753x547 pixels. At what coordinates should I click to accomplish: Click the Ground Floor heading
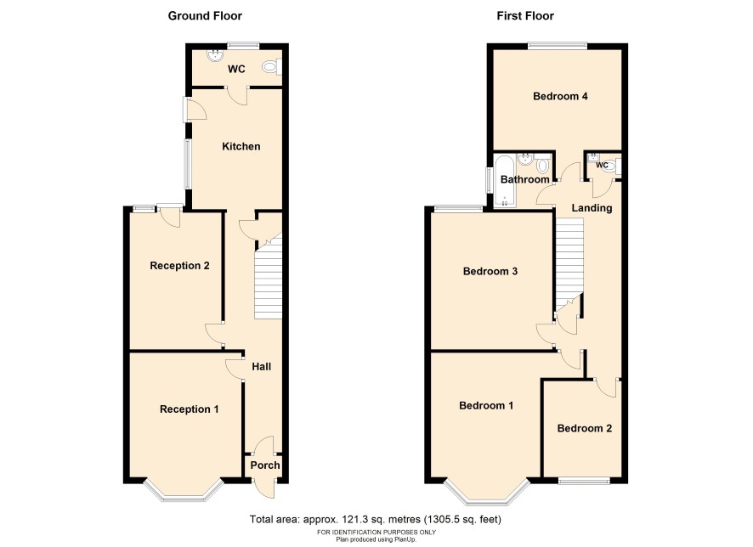[x=205, y=16]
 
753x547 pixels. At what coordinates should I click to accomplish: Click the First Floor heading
[x=525, y=16]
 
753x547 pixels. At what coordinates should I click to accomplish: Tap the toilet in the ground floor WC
[x=272, y=67]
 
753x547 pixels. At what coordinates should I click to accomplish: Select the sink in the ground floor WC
[x=215, y=55]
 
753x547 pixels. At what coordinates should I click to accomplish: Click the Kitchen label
[x=241, y=146]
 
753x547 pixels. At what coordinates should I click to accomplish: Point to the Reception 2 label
[x=179, y=265]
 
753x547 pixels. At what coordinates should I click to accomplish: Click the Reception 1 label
[x=190, y=409]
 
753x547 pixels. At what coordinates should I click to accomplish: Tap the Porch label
[x=265, y=465]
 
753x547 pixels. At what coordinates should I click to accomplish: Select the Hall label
[x=262, y=367]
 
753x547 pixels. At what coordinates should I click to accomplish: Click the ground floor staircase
[x=268, y=279]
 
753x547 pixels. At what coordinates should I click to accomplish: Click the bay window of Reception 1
[x=184, y=490]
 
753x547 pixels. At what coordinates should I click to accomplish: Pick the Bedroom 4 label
[x=560, y=96]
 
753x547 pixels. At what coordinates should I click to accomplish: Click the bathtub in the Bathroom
[x=504, y=182]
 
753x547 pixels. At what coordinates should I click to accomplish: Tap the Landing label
[x=592, y=208]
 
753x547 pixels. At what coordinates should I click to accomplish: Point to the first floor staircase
[x=569, y=264]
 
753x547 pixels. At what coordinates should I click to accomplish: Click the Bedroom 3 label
[x=490, y=271]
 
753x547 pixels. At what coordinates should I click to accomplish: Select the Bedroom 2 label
[x=585, y=428]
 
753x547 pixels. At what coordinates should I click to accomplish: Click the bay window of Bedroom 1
[x=486, y=492]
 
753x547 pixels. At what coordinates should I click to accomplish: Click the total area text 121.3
[x=354, y=519]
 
